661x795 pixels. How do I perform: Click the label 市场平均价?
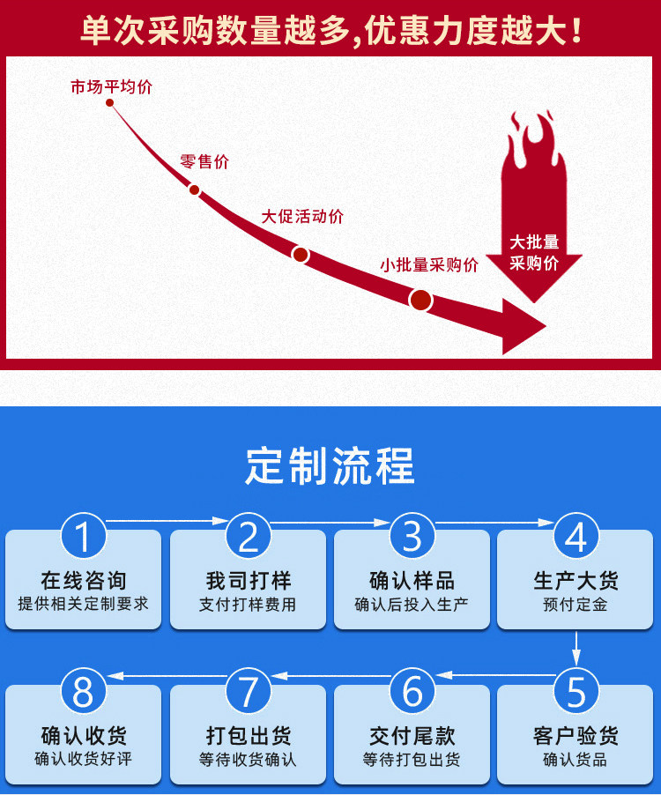[112, 87]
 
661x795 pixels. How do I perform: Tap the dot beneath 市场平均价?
[109, 103]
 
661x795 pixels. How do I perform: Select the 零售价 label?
[204, 162]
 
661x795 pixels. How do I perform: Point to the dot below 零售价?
[194, 190]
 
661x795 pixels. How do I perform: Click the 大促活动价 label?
[302, 217]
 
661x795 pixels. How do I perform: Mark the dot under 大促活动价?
[301, 255]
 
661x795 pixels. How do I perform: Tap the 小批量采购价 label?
[429, 264]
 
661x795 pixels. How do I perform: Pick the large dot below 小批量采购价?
[420, 301]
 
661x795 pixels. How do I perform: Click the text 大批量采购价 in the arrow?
[534, 252]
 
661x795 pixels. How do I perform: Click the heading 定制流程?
[330, 466]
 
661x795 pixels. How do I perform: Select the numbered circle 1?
[83, 535]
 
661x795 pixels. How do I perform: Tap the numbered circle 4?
[576, 535]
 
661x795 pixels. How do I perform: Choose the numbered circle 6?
[412, 690]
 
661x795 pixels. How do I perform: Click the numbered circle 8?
[83, 690]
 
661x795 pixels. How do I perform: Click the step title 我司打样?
[248, 581]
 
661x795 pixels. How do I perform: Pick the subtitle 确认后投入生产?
[412, 605]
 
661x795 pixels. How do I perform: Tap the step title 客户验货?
[576, 736]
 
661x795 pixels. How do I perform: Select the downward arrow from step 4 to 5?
[576, 648]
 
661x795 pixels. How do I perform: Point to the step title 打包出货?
[248, 736]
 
